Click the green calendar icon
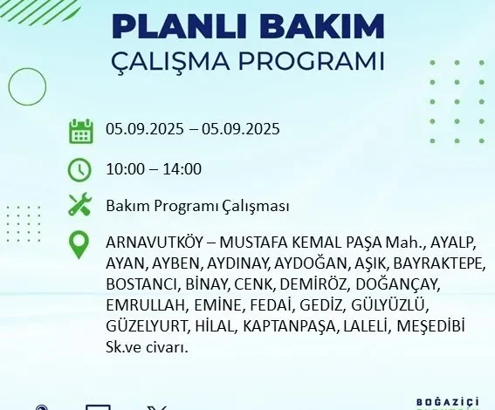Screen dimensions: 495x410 tap(81, 131)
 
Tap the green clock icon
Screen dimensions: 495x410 tap(79, 170)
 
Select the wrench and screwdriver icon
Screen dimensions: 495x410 tap(80, 204)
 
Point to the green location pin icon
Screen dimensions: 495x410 tap(79, 245)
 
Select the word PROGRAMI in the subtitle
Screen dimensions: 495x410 tap(311, 61)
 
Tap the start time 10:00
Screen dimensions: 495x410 tap(125, 169)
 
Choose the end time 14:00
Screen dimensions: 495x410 tap(182, 169)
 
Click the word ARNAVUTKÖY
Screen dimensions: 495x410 tap(154, 243)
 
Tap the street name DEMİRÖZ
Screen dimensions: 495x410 tap(313, 284)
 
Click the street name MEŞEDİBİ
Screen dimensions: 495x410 tap(430, 325)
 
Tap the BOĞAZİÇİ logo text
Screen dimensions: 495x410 tap(448, 402)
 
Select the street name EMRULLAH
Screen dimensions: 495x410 tap(145, 305)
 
